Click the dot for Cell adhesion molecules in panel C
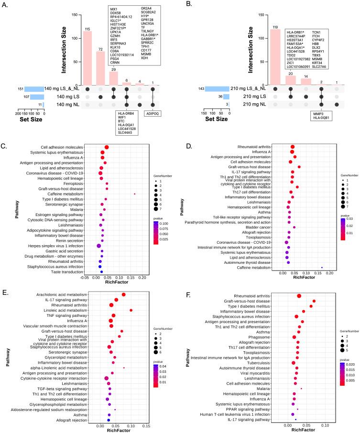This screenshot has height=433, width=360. (x=107, y=147)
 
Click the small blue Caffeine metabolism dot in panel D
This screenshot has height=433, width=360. (x=322, y=268)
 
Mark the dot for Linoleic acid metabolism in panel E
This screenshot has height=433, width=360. (x=131, y=310)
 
